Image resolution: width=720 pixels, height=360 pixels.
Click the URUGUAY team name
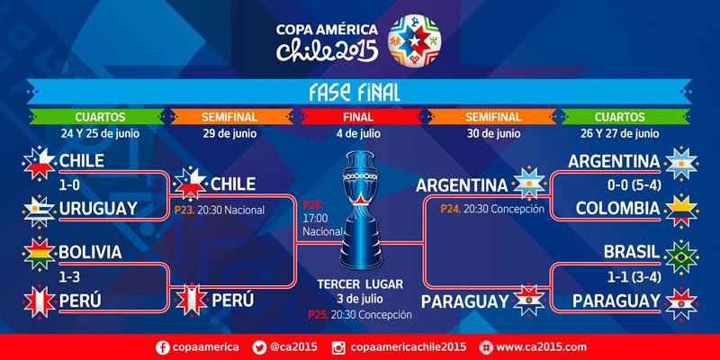[97, 208]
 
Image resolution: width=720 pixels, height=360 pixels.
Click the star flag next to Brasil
[683, 254]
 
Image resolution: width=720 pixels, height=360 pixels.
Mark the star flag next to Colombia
[683, 209]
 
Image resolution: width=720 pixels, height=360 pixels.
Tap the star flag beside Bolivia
[38, 254]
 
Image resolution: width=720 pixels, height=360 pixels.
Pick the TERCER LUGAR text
[359, 283]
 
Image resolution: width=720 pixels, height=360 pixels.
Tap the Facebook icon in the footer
[163, 346]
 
